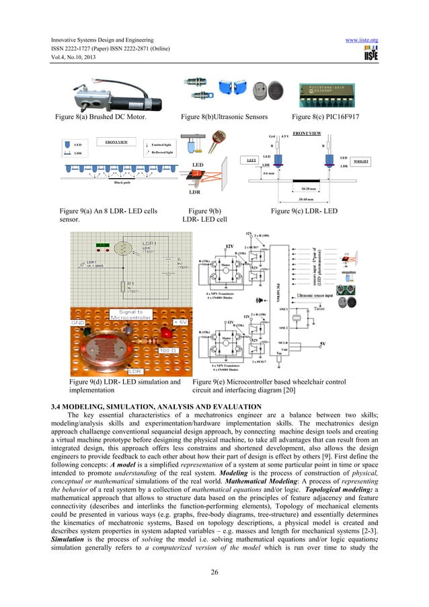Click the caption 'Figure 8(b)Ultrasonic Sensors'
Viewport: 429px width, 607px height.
point(220,117)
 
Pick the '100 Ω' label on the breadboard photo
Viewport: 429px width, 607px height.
point(165,351)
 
